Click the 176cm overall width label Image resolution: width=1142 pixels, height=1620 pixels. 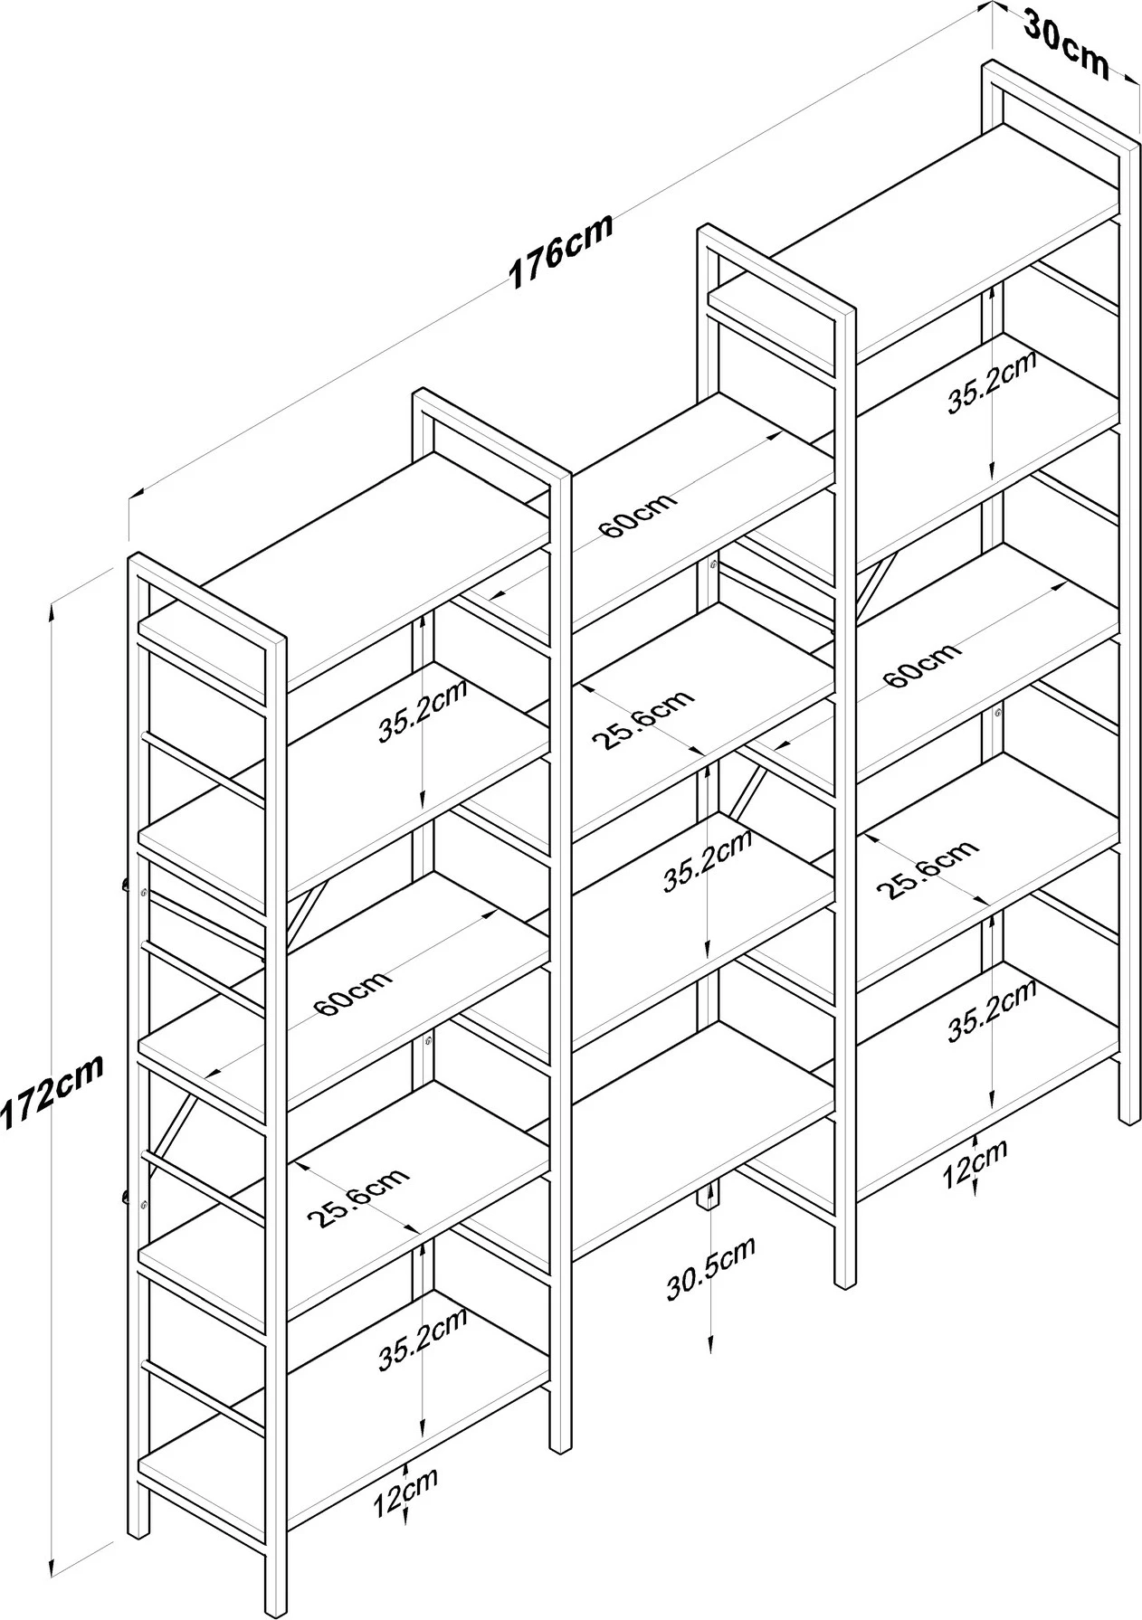tap(561, 251)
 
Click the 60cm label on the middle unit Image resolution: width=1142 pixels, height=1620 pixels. tap(638, 515)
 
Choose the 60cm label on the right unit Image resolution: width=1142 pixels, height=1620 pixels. tap(921, 665)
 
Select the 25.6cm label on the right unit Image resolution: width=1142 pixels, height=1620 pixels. tap(929, 869)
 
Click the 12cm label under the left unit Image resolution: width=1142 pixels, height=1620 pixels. tap(405, 1491)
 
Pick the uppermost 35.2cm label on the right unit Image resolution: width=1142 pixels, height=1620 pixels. tap(992, 383)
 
